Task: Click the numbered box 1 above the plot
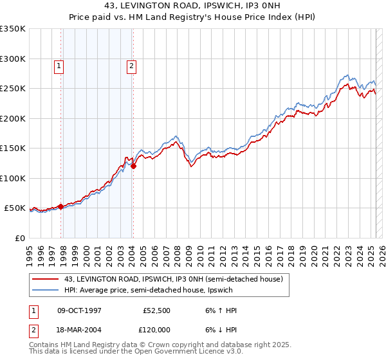[x=59, y=65]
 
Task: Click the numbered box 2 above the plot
[x=131, y=65]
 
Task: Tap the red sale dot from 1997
[x=61, y=206]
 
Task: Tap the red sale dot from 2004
[x=134, y=166]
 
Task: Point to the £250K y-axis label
[x=13, y=89]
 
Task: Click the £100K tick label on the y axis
[x=13, y=178]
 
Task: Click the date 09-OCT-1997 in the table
[x=80, y=310]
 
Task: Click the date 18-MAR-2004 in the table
[x=80, y=328]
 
